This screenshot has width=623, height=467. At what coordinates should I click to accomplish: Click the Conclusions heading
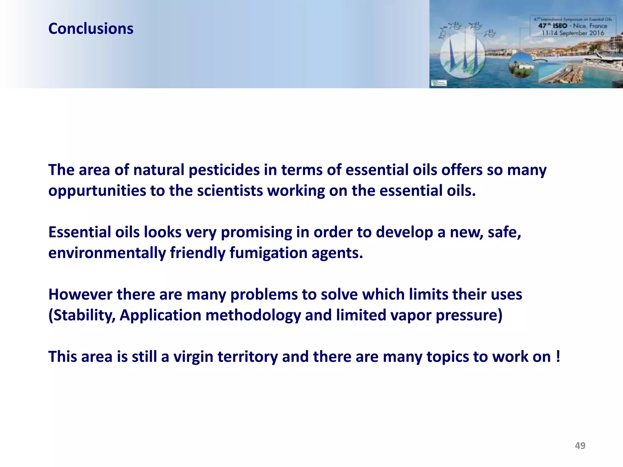(x=91, y=29)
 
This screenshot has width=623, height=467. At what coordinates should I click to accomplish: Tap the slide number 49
(x=580, y=445)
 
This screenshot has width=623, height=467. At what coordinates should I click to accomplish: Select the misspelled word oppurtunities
(x=97, y=191)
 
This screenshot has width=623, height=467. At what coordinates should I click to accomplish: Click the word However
(x=80, y=294)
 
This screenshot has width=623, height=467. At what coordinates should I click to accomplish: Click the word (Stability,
(x=82, y=315)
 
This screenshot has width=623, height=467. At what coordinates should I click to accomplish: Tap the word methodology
(x=253, y=315)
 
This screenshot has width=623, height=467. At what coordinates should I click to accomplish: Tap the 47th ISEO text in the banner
(x=553, y=26)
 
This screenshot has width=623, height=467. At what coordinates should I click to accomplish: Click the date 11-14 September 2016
(x=573, y=33)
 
